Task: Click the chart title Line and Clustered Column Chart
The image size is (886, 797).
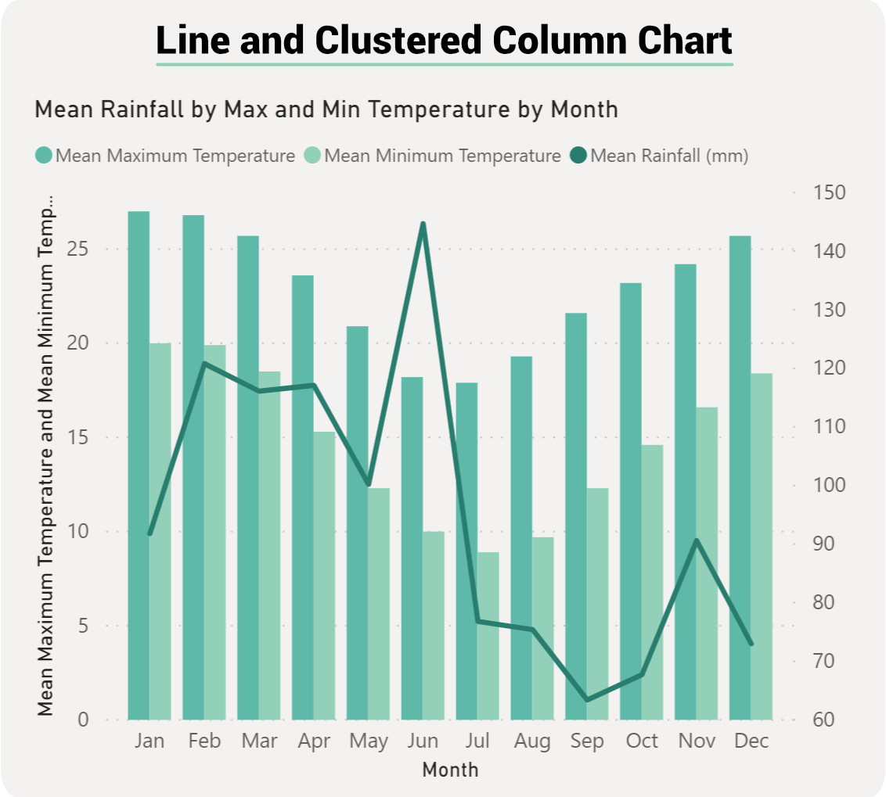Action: tap(444, 40)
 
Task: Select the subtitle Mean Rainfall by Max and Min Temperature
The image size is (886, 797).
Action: tap(326, 109)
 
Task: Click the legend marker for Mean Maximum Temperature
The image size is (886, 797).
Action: tap(44, 156)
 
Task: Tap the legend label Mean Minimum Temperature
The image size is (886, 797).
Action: tap(442, 156)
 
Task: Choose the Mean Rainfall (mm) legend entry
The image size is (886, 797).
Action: tap(669, 156)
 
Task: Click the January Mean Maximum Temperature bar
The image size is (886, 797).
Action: tap(139, 465)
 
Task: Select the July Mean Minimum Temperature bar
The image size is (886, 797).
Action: tap(488, 635)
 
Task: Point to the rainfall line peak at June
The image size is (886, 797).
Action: tap(423, 224)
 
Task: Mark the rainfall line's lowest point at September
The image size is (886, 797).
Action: tap(587, 699)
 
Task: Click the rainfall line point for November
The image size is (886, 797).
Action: tap(697, 540)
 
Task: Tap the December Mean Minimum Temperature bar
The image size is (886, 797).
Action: tap(761, 546)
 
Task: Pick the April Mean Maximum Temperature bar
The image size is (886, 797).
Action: tap(302, 497)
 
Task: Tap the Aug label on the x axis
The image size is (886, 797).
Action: tap(532, 741)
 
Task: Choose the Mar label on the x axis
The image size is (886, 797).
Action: tap(259, 741)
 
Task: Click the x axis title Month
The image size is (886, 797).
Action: tap(450, 770)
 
